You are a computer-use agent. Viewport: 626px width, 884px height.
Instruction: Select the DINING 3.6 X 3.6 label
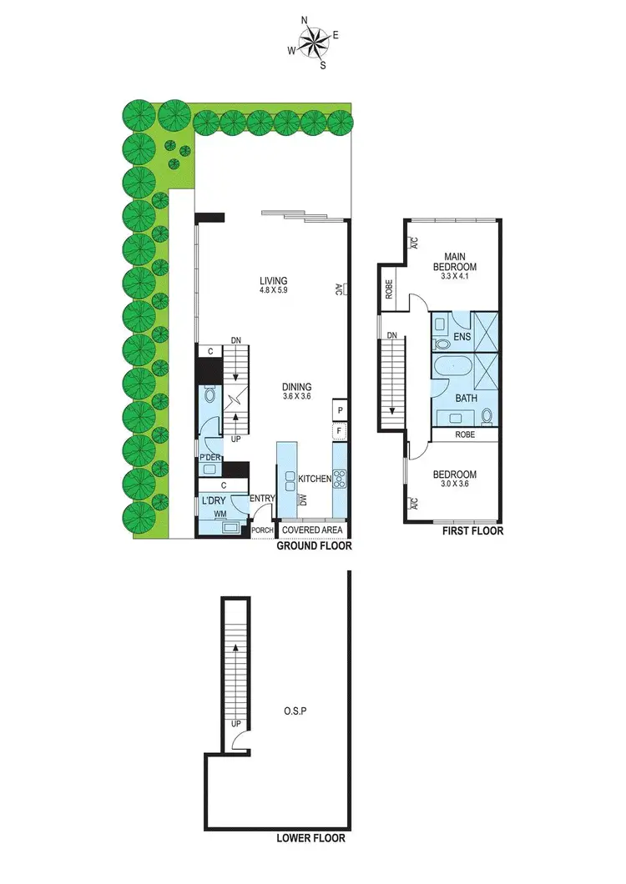[296, 392]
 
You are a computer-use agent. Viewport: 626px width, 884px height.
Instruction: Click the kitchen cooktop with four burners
[340, 478]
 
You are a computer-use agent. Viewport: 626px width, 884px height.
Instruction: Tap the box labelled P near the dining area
[340, 411]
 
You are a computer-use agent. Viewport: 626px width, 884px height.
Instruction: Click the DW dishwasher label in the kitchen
[304, 499]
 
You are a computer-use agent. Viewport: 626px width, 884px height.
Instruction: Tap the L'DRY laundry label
[215, 500]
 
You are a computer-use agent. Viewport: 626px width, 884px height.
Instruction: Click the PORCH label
[263, 530]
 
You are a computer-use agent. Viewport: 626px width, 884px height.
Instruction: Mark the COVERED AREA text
[312, 530]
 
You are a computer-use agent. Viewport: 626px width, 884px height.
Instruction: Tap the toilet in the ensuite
[441, 343]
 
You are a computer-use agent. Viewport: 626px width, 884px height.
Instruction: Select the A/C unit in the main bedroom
[412, 243]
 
